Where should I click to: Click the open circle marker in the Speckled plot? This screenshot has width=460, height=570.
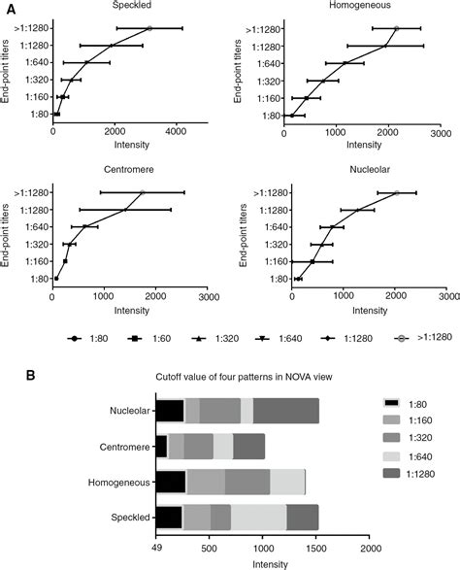tap(149, 29)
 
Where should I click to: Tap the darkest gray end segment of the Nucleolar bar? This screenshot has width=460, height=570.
tap(285, 411)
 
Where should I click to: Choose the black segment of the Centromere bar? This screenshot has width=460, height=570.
tap(161, 446)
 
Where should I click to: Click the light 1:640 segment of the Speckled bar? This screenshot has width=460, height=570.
tap(258, 517)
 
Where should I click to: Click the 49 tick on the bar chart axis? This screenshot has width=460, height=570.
tap(155, 547)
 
